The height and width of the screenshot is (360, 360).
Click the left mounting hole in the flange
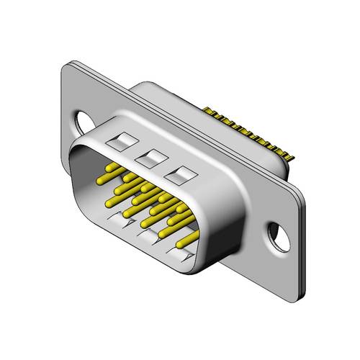82,117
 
